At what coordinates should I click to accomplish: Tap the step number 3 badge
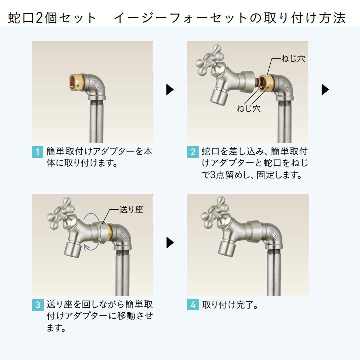click(x=38, y=305)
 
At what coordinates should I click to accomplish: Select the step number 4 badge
click(x=193, y=305)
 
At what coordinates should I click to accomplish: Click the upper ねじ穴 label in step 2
click(x=293, y=59)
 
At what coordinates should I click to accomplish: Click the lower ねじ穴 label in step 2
click(x=249, y=108)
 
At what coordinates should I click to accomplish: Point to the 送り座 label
click(x=132, y=209)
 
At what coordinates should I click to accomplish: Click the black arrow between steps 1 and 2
click(x=170, y=90)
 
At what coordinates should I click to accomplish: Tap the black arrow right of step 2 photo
click(x=325, y=90)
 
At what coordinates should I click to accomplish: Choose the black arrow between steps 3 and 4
click(x=170, y=243)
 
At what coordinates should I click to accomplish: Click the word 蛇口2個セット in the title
click(x=52, y=18)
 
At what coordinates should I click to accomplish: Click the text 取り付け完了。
click(x=230, y=305)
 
